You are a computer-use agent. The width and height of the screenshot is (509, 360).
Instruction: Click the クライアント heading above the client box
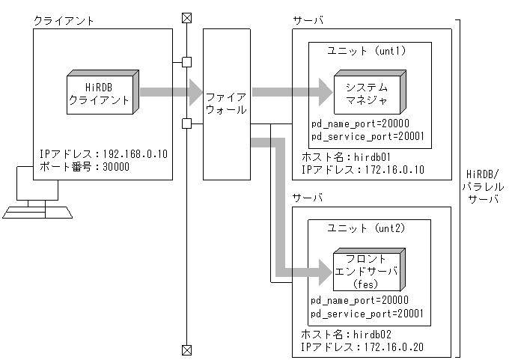(x=64, y=21)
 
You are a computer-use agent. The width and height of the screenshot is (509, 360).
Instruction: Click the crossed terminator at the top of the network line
(x=186, y=16)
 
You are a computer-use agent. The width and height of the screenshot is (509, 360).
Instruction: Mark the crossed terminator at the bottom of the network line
(x=186, y=349)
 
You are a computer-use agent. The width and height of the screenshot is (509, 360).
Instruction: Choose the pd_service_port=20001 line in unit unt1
(x=368, y=137)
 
